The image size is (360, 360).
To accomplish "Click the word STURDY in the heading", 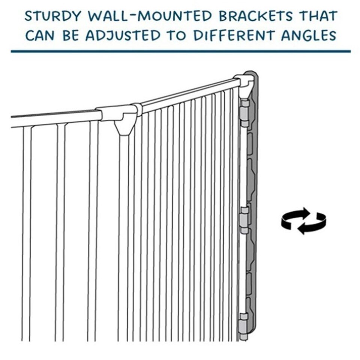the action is [53, 16].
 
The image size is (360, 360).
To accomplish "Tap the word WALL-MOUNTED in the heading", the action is [150, 16].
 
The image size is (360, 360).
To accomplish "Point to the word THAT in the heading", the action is [319, 16].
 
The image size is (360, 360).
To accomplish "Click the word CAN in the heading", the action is [40, 35].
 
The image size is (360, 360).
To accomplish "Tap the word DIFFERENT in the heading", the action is [234, 35].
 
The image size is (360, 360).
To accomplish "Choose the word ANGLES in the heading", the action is [309, 35].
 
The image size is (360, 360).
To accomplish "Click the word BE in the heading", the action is [70, 35].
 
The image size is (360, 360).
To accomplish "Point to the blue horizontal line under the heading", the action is [181, 51].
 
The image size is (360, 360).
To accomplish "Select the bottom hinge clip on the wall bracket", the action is [244, 326].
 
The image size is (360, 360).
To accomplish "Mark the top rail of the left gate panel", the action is [56, 119].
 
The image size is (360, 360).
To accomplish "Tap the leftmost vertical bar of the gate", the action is [27, 234].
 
